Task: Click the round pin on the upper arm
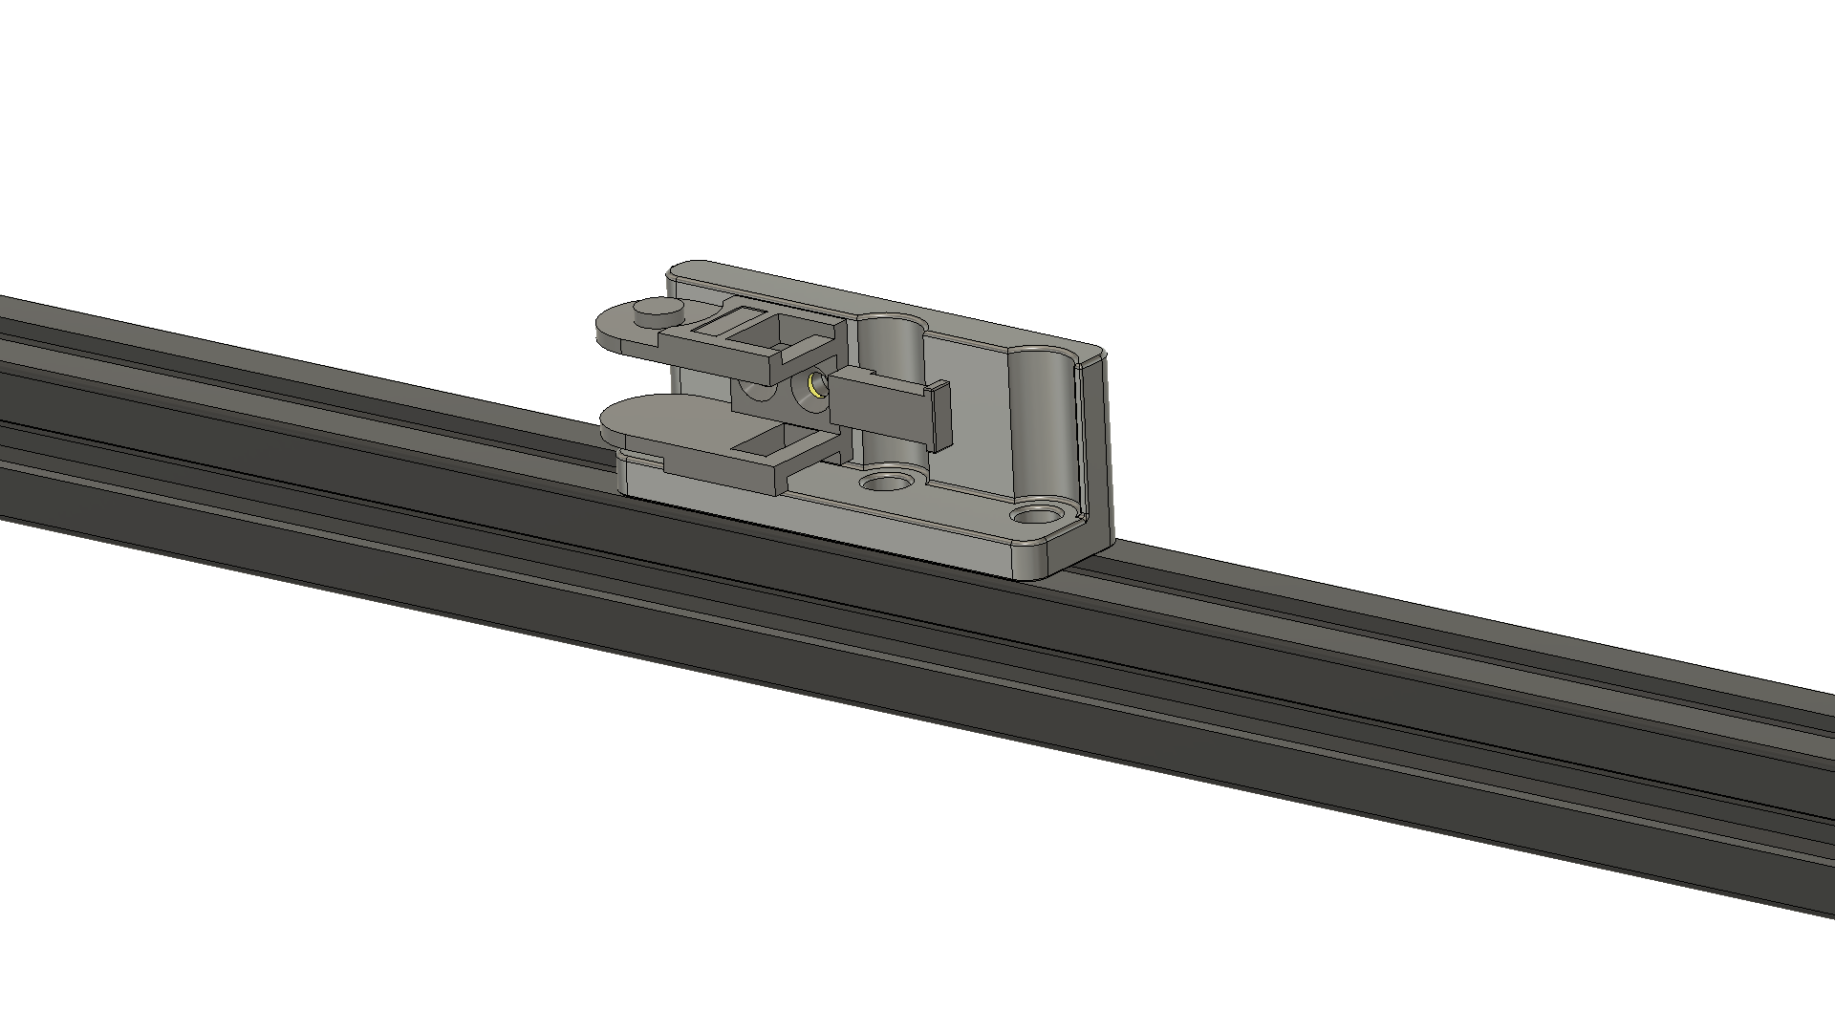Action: click(x=657, y=310)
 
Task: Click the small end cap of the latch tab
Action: click(x=940, y=416)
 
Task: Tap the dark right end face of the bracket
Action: click(x=1099, y=449)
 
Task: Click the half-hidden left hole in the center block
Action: click(x=755, y=390)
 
